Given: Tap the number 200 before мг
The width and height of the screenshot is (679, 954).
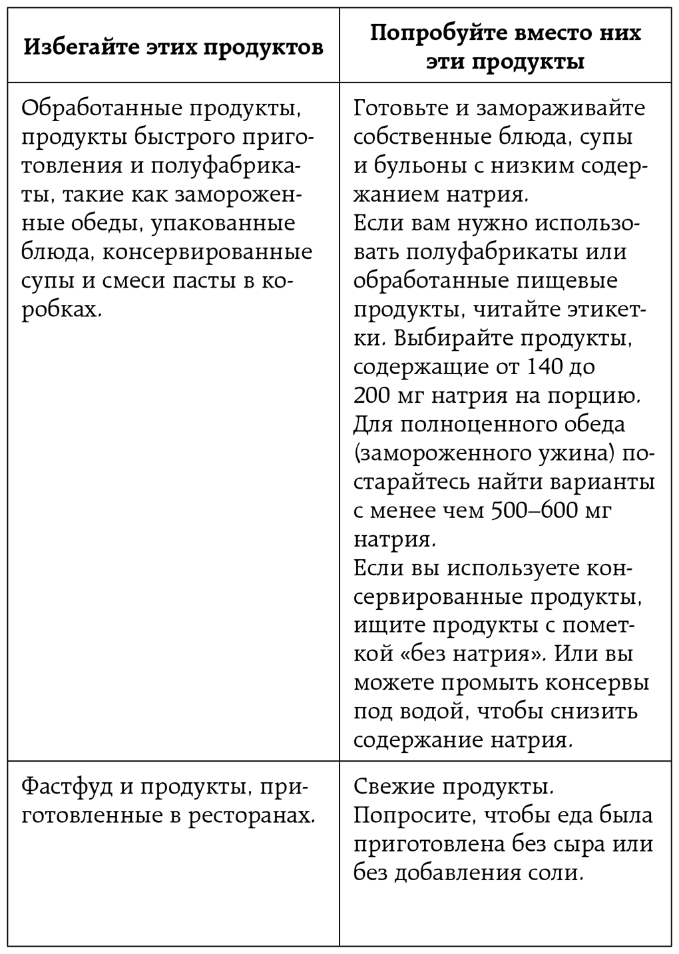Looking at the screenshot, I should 372,396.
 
